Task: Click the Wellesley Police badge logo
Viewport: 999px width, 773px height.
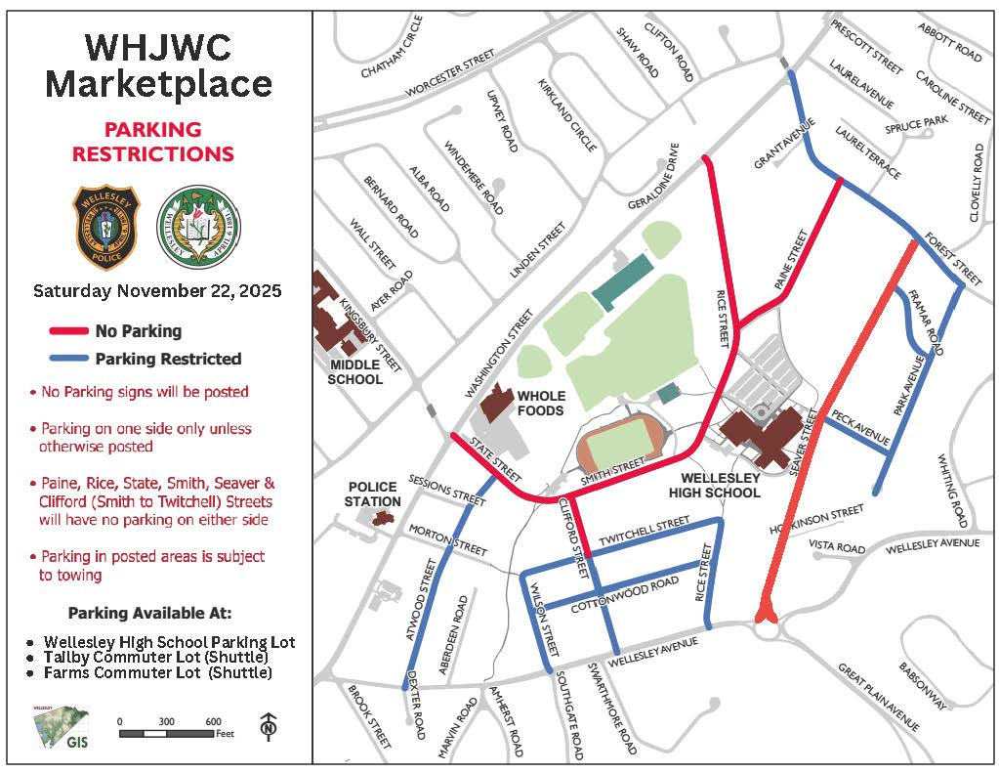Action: pyautogui.click(x=106, y=228)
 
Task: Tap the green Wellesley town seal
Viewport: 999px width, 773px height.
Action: pyautogui.click(x=199, y=228)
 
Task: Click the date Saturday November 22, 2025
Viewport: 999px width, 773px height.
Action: pyautogui.click(x=156, y=291)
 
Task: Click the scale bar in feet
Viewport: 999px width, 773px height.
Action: pyautogui.click(x=166, y=732)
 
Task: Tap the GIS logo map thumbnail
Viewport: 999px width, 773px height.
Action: pyautogui.click(x=60, y=728)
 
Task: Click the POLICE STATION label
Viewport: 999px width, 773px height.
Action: pyautogui.click(x=372, y=494)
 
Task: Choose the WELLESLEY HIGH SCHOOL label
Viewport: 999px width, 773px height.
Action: pyautogui.click(x=721, y=486)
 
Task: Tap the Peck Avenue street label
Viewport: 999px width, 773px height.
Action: pyautogui.click(x=857, y=429)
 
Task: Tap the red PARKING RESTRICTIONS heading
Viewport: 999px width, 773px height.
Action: pyautogui.click(x=153, y=142)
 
